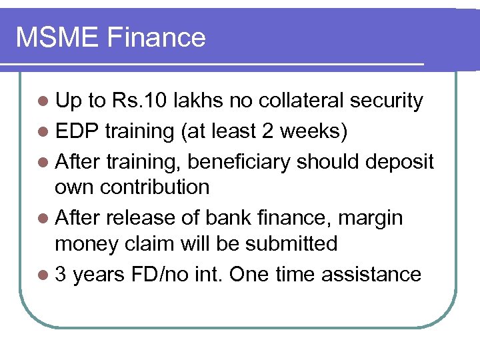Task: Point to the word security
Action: coord(386,101)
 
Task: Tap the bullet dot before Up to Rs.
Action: coord(43,101)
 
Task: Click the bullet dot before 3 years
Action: coord(43,275)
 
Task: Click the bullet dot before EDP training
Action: coord(43,131)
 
